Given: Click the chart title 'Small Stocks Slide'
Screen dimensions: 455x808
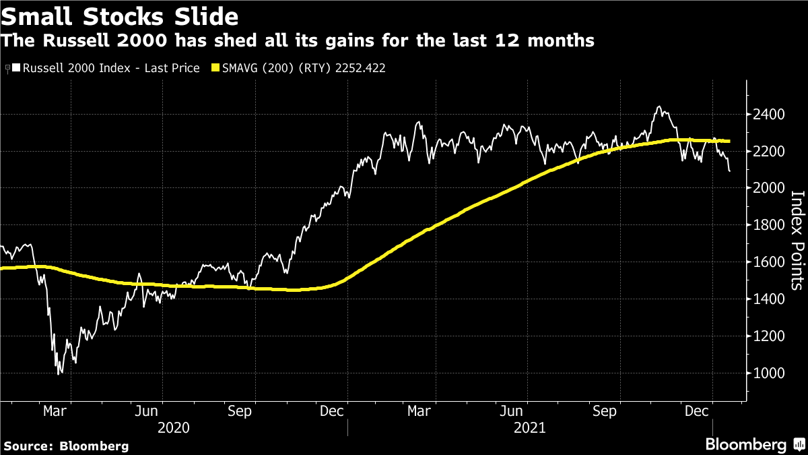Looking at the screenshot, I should point(120,15).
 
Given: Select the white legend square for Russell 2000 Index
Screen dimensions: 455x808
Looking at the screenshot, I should point(17,68).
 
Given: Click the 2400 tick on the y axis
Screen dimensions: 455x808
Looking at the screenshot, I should point(768,115).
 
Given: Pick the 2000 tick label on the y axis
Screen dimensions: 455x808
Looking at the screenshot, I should point(768,188).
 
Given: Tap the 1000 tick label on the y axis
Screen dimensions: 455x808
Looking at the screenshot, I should point(768,373).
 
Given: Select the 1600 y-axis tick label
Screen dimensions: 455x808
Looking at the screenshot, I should point(768,262).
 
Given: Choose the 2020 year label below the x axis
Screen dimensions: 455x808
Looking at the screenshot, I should point(173,427).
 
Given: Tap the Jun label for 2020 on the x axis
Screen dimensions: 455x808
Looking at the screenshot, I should point(147,411).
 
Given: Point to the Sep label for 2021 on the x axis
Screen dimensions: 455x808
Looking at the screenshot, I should point(605,411).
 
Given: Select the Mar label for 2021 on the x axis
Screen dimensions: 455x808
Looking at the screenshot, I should point(419,411).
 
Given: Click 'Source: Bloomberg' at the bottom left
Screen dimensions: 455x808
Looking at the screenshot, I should point(66,446).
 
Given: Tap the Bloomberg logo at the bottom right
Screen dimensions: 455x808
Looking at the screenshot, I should point(753,444).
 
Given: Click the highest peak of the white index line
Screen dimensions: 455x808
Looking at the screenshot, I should point(658,107).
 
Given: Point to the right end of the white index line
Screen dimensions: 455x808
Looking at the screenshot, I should point(731,171).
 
